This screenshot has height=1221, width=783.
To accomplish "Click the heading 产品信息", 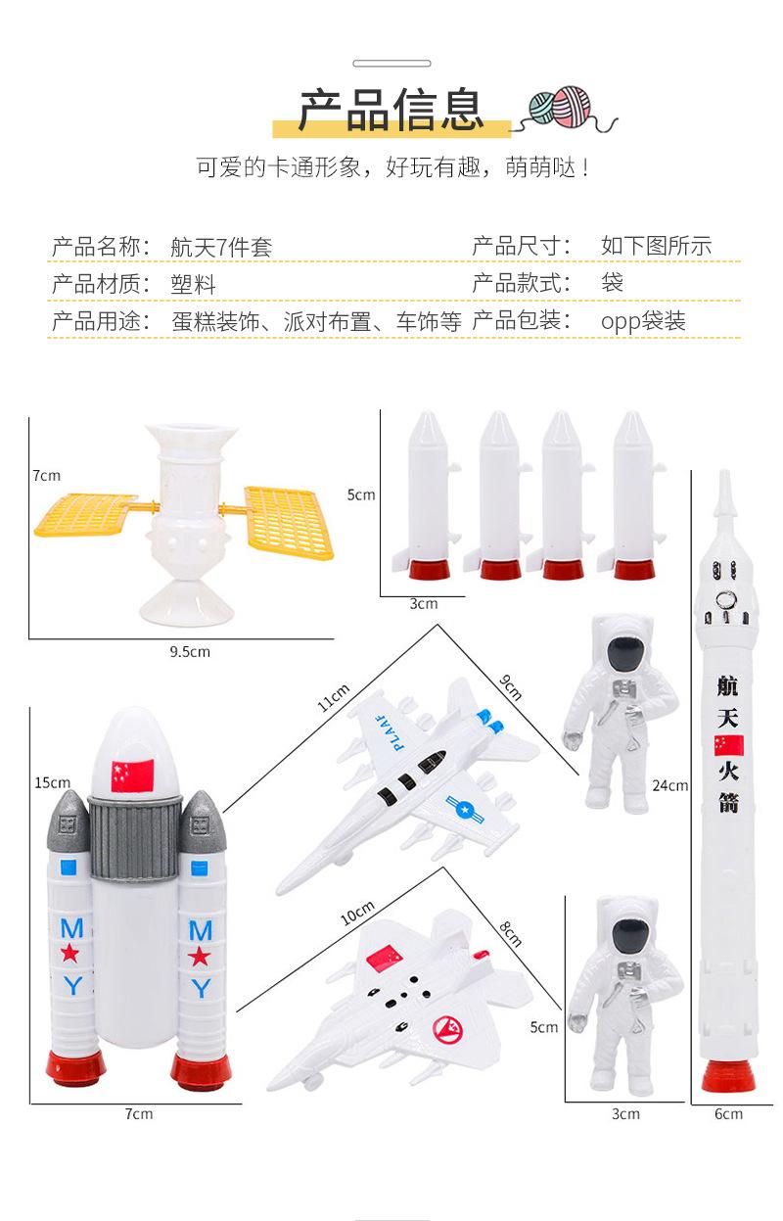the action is pos(391,110).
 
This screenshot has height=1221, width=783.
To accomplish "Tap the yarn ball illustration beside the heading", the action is pos(561,108).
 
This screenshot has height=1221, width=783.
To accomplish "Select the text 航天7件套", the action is pos(221,248).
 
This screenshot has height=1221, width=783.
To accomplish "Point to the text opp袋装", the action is pos(643,321).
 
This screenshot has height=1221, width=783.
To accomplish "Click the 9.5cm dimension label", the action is pos(190,652).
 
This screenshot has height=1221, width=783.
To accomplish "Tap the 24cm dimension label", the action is pos(670,785).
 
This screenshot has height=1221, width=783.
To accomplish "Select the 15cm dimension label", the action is pos(52,782).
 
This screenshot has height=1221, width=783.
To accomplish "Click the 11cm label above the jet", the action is pos(334,698).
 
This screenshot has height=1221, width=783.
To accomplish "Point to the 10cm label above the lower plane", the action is pos(357,913).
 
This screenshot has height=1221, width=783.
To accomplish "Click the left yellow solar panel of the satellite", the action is pos(84,514).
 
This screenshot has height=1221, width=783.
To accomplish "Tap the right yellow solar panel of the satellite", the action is pos(289,522).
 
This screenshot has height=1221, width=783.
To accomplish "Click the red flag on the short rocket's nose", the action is pos(132,775).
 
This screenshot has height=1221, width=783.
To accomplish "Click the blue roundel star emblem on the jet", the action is pos(465,810).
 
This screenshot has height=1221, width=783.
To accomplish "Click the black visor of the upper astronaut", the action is pos(626,652).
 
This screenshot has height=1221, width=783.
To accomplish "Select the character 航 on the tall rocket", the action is pos(727,685).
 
